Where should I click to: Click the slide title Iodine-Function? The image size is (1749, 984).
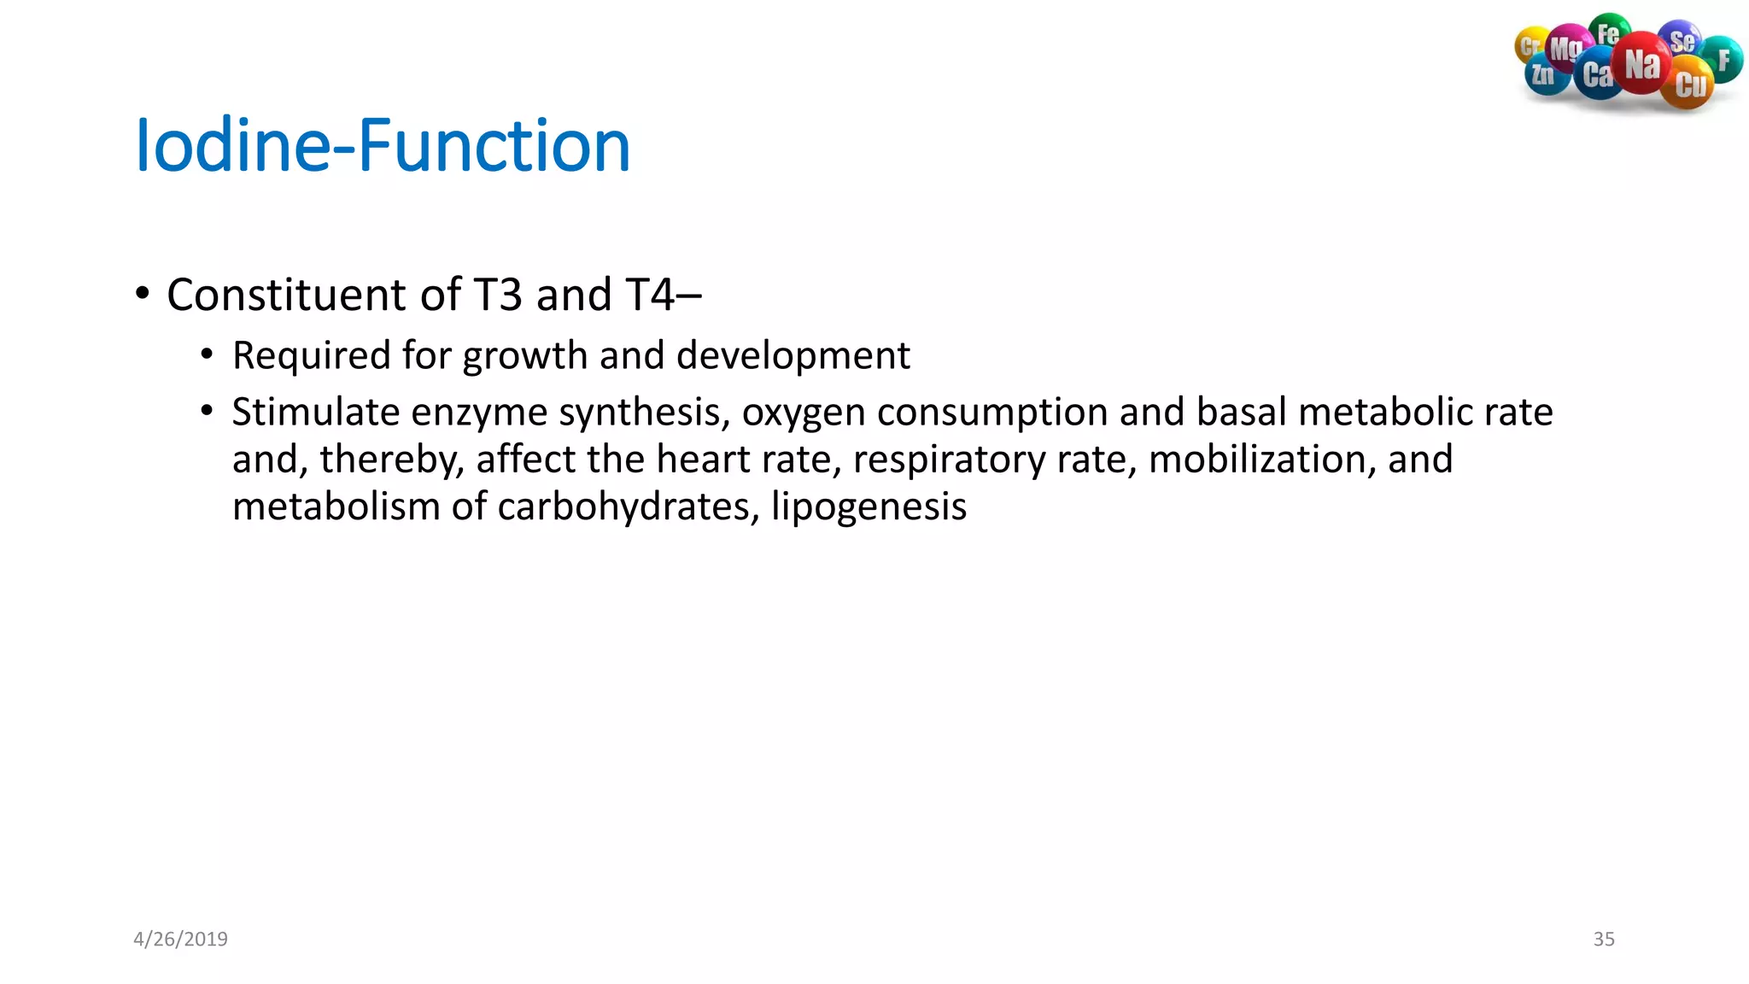coord(383,145)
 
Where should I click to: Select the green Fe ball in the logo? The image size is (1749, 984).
coord(1609,32)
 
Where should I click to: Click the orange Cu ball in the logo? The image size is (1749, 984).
coord(1689,85)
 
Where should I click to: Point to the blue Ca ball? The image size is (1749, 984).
coord(1597,75)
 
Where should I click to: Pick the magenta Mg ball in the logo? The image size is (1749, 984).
coord(1565,48)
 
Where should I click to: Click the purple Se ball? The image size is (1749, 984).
coord(1681,40)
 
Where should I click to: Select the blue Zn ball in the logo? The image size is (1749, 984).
coord(1544,75)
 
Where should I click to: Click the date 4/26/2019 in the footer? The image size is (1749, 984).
coord(180,939)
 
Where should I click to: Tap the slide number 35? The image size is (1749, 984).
coord(1603,939)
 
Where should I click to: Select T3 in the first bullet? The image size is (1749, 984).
coord(497,295)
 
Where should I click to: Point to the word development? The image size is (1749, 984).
coord(793,355)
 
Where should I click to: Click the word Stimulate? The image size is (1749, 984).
coord(316,413)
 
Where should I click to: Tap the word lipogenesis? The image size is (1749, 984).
coord(869,507)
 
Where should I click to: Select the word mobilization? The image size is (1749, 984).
coord(1261,460)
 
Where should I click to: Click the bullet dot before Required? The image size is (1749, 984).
coord(207,354)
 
